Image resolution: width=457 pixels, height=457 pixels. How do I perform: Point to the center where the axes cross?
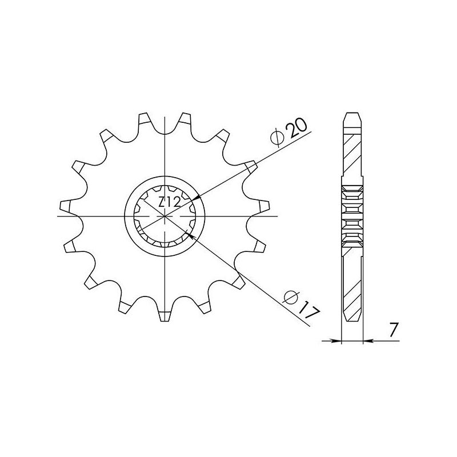tap(165, 216)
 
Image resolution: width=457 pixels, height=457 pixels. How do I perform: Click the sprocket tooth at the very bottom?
tap(165, 314)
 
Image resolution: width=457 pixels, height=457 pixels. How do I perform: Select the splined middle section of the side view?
tap(352, 215)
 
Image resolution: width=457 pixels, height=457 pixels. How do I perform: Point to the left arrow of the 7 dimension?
tap(337, 342)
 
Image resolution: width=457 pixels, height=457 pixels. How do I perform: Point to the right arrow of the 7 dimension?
tap(367, 342)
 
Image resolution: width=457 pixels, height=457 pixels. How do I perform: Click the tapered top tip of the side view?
tap(352, 117)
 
